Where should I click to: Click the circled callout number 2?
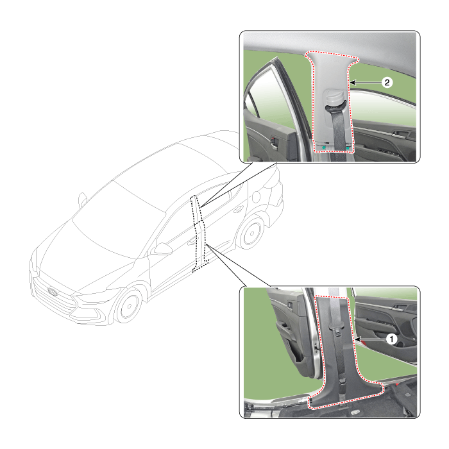[387, 83]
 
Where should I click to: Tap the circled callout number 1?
[391, 339]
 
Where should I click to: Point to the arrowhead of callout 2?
[353, 83]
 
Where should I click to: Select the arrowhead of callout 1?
[357, 339]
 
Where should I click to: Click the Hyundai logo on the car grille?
[53, 291]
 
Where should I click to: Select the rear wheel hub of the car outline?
[252, 233]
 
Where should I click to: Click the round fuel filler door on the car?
[256, 197]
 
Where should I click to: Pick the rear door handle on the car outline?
[237, 210]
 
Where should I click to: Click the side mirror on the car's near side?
[162, 249]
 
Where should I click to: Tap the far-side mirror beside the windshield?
[83, 199]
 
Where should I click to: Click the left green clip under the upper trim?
[323, 148]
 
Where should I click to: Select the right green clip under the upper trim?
[348, 148]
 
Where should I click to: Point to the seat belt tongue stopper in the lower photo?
[336, 328]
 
